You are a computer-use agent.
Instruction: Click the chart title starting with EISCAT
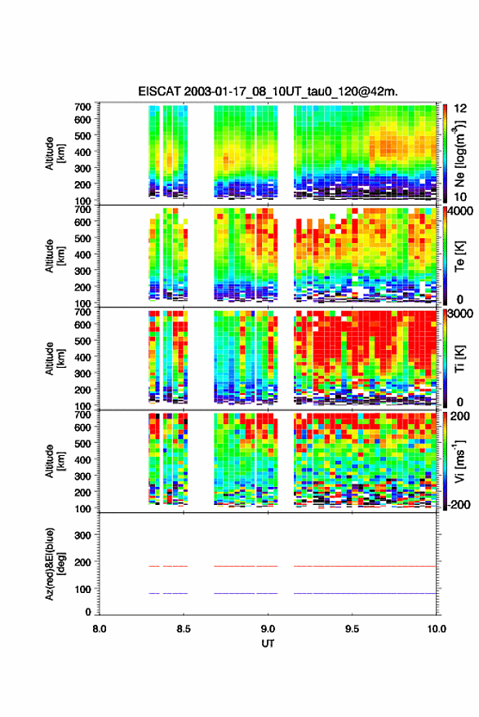pyautogui.click(x=268, y=91)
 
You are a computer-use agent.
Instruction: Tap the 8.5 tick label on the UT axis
pyautogui.click(x=184, y=629)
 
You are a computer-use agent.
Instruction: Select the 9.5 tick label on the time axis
pyautogui.click(x=352, y=629)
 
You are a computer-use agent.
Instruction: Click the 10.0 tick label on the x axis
pyautogui.click(x=437, y=629)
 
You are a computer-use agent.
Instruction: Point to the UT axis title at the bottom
pyautogui.click(x=268, y=644)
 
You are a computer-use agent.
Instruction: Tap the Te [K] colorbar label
pyautogui.click(x=459, y=256)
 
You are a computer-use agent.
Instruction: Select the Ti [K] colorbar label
pyautogui.click(x=459, y=359)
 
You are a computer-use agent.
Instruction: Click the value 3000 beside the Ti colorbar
pyautogui.click(x=461, y=314)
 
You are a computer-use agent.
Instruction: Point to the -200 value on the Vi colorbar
pyautogui.click(x=459, y=504)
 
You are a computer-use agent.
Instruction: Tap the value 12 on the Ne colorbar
pyautogui.click(x=461, y=108)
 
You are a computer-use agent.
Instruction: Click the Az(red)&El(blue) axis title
pyautogui.click(x=55, y=564)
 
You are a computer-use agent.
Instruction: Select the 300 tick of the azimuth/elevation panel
pyautogui.click(x=82, y=535)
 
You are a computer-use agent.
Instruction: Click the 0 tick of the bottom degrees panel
pyautogui.click(x=88, y=612)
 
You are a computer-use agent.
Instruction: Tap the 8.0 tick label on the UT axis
pyautogui.click(x=100, y=629)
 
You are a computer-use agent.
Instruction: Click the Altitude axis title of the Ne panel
pyautogui.click(x=55, y=153)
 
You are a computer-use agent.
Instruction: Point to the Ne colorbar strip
pyautogui.click(x=446, y=153)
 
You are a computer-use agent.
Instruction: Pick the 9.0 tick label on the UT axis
pyautogui.click(x=268, y=629)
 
